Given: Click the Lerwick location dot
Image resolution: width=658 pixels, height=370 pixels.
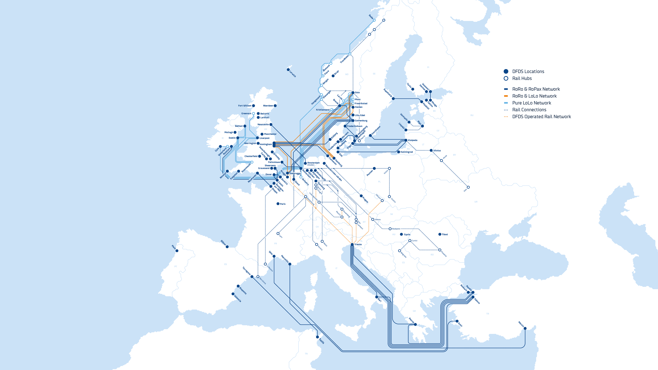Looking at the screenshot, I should click(x=288, y=69).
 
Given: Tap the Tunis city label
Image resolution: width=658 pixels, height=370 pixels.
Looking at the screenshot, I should click(x=322, y=341).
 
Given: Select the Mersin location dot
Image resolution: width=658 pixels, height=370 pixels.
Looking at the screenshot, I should click(x=525, y=328).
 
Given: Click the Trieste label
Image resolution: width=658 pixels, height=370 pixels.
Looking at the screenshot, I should click(x=358, y=244).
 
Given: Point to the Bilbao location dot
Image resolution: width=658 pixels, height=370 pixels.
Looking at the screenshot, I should click(x=227, y=247).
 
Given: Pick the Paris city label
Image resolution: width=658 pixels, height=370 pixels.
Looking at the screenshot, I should click(x=283, y=204).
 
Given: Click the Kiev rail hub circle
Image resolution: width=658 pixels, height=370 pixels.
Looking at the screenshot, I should click(x=468, y=187).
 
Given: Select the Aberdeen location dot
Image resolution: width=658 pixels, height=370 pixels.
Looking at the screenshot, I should click(x=275, y=106).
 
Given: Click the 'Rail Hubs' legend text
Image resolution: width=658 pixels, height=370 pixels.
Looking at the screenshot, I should click(x=522, y=78).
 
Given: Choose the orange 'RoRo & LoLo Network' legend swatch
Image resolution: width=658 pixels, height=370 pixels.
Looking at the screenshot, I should click(x=506, y=96).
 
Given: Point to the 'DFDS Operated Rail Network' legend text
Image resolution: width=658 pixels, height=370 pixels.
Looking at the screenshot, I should click(x=541, y=117).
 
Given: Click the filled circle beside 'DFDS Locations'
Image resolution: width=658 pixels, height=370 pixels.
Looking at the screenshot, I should click(x=506, y=71).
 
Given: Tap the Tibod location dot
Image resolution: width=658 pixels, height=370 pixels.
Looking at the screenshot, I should click(x=440, y=234).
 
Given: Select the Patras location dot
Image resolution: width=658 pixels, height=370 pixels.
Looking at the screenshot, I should click(x=415, y=325).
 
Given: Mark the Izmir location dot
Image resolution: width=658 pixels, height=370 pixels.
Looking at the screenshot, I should click(x=457, y=321).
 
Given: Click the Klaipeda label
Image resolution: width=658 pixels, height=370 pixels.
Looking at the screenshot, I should click(x=412, y=140).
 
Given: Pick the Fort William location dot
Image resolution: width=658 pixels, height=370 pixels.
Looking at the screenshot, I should click(x=253, y=106).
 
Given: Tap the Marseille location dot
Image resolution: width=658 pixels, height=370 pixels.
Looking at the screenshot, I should click(x=290, y=264).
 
